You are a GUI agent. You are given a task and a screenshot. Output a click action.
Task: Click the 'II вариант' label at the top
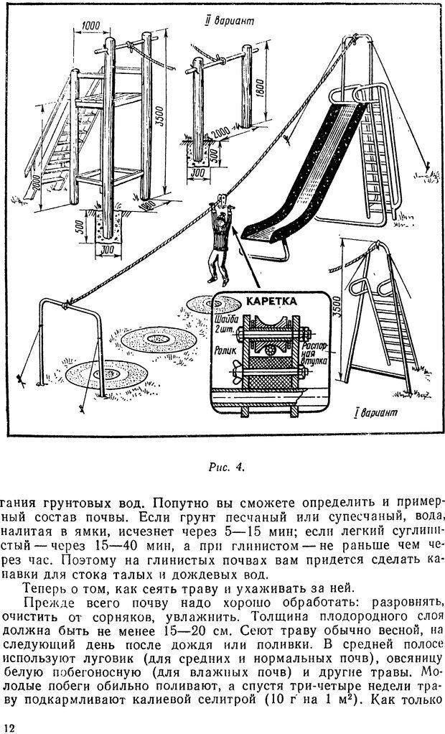(x=230, y=21)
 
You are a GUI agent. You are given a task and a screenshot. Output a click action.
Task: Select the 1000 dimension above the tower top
(x=92, y=27)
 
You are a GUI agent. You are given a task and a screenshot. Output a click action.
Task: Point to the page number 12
(x=9, y=728)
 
